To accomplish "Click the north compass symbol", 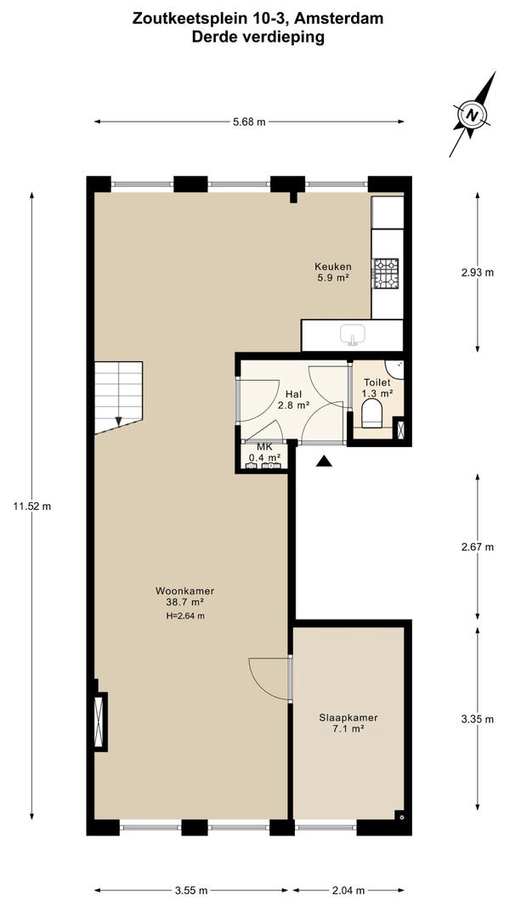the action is (473, 114).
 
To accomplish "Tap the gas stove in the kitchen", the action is (385, 274).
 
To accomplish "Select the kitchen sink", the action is (352, 335).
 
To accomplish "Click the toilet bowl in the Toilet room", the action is (371, 414).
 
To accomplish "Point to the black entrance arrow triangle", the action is (324, 461).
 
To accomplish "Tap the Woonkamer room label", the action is (184, 591).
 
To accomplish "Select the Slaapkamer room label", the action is (348, 717).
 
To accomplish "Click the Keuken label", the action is (333, 266).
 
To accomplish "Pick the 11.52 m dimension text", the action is (31, 507).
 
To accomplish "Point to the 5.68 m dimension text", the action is (250, 122).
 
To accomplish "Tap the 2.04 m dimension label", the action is (348, 891).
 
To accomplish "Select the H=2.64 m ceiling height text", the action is (184, 616).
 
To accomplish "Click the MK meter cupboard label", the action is (264, 448).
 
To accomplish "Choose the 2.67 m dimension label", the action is (477, 547).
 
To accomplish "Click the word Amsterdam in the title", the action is (338, 19).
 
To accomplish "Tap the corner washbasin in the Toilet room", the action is (395, 367).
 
